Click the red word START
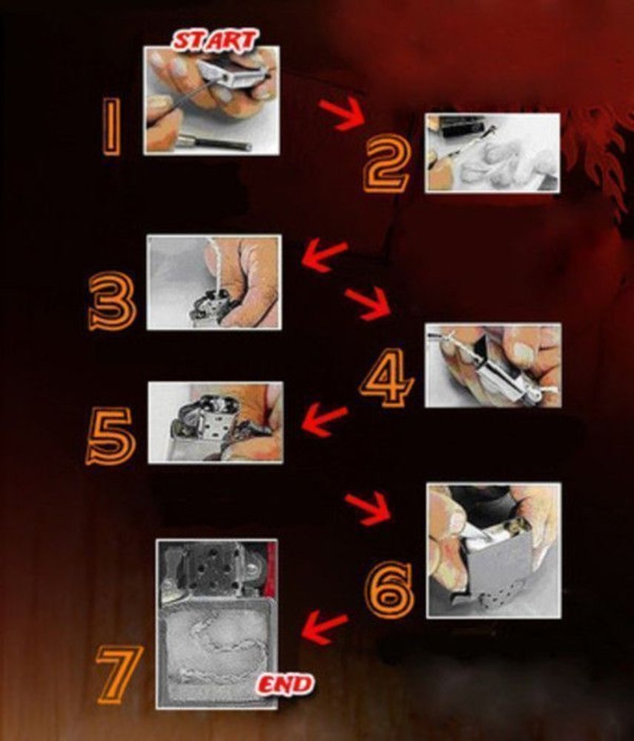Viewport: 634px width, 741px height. pos(215,40)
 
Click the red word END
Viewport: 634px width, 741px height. pos(285,685)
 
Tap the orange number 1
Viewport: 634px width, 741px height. pos(111,127)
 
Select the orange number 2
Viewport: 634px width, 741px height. pos(386,162)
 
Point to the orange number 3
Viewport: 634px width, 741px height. pos(113,301)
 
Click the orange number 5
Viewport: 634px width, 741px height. pos(110,436)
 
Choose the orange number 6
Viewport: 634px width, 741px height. pos(389,591)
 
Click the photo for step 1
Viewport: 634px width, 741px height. pos(211,100)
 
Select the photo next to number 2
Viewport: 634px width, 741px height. pos(492,153)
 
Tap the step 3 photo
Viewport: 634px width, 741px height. pos(214,282)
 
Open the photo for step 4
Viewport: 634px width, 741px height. pos(493,365)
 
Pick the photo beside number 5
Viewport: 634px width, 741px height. pos(216,422)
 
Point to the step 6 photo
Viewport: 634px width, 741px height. pos(494,551)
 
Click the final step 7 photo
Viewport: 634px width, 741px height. pos(217,624)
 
